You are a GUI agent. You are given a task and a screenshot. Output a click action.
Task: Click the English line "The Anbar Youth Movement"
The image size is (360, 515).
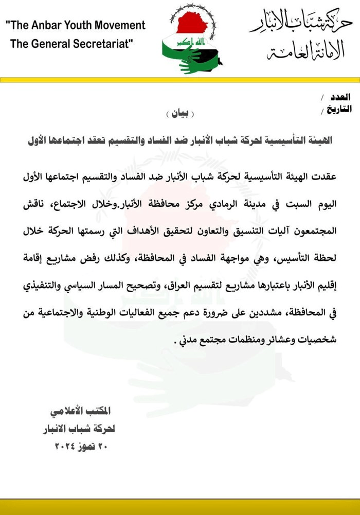[x=76, y=25]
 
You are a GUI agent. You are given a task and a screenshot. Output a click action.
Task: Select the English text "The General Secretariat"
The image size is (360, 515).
[x=71, y=44]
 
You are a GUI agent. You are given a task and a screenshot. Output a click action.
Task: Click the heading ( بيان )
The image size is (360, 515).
[x=181, y=114]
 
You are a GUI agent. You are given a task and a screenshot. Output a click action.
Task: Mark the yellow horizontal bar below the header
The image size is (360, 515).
[x=180, y=80]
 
